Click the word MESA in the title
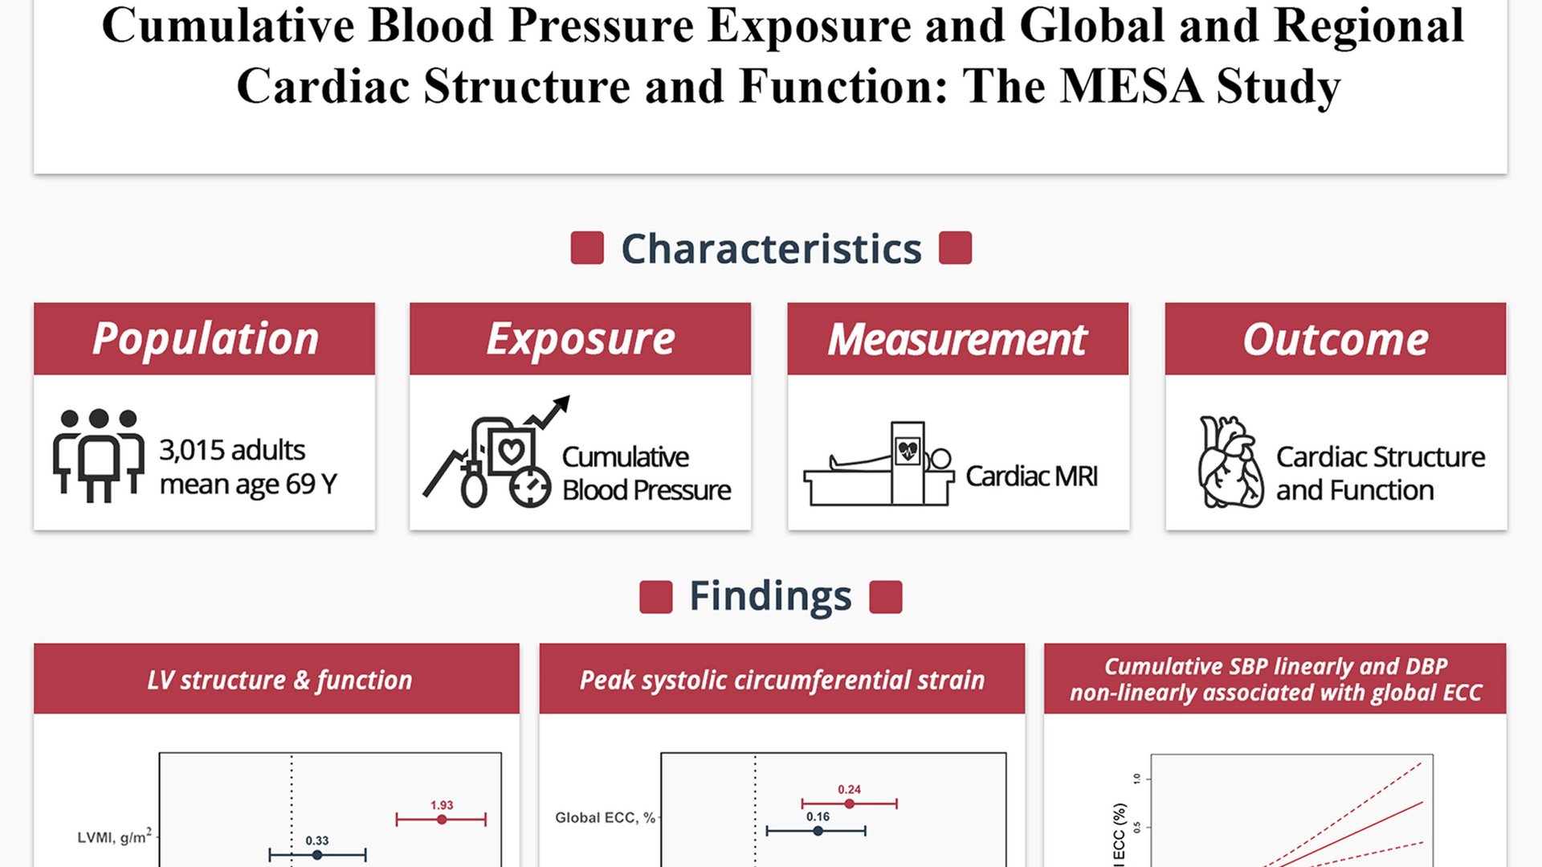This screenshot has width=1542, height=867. [1132, 86]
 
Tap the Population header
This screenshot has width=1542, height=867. [205, 338]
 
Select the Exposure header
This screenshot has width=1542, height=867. [580, 338]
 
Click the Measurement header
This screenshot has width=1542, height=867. [957, 338]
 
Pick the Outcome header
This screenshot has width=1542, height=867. [1336, 338]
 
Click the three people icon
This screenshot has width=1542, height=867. [98, 455]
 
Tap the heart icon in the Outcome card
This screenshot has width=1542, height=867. [1230, 462]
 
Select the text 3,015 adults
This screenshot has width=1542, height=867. [232, 450]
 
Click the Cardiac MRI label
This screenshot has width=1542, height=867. [1031, 476]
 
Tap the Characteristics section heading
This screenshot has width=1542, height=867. [771, 248]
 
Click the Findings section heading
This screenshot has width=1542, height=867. [770, 596]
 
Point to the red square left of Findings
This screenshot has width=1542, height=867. [655, 597]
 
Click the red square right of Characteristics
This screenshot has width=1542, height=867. [955, 247]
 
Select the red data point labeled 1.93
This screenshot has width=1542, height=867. [442, 820]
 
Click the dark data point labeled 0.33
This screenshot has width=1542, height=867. [317, 855]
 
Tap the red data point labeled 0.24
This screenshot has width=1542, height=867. [850, 804]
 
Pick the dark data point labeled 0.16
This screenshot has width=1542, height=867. [818, 831]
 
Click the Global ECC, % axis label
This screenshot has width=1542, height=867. [605, 818]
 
